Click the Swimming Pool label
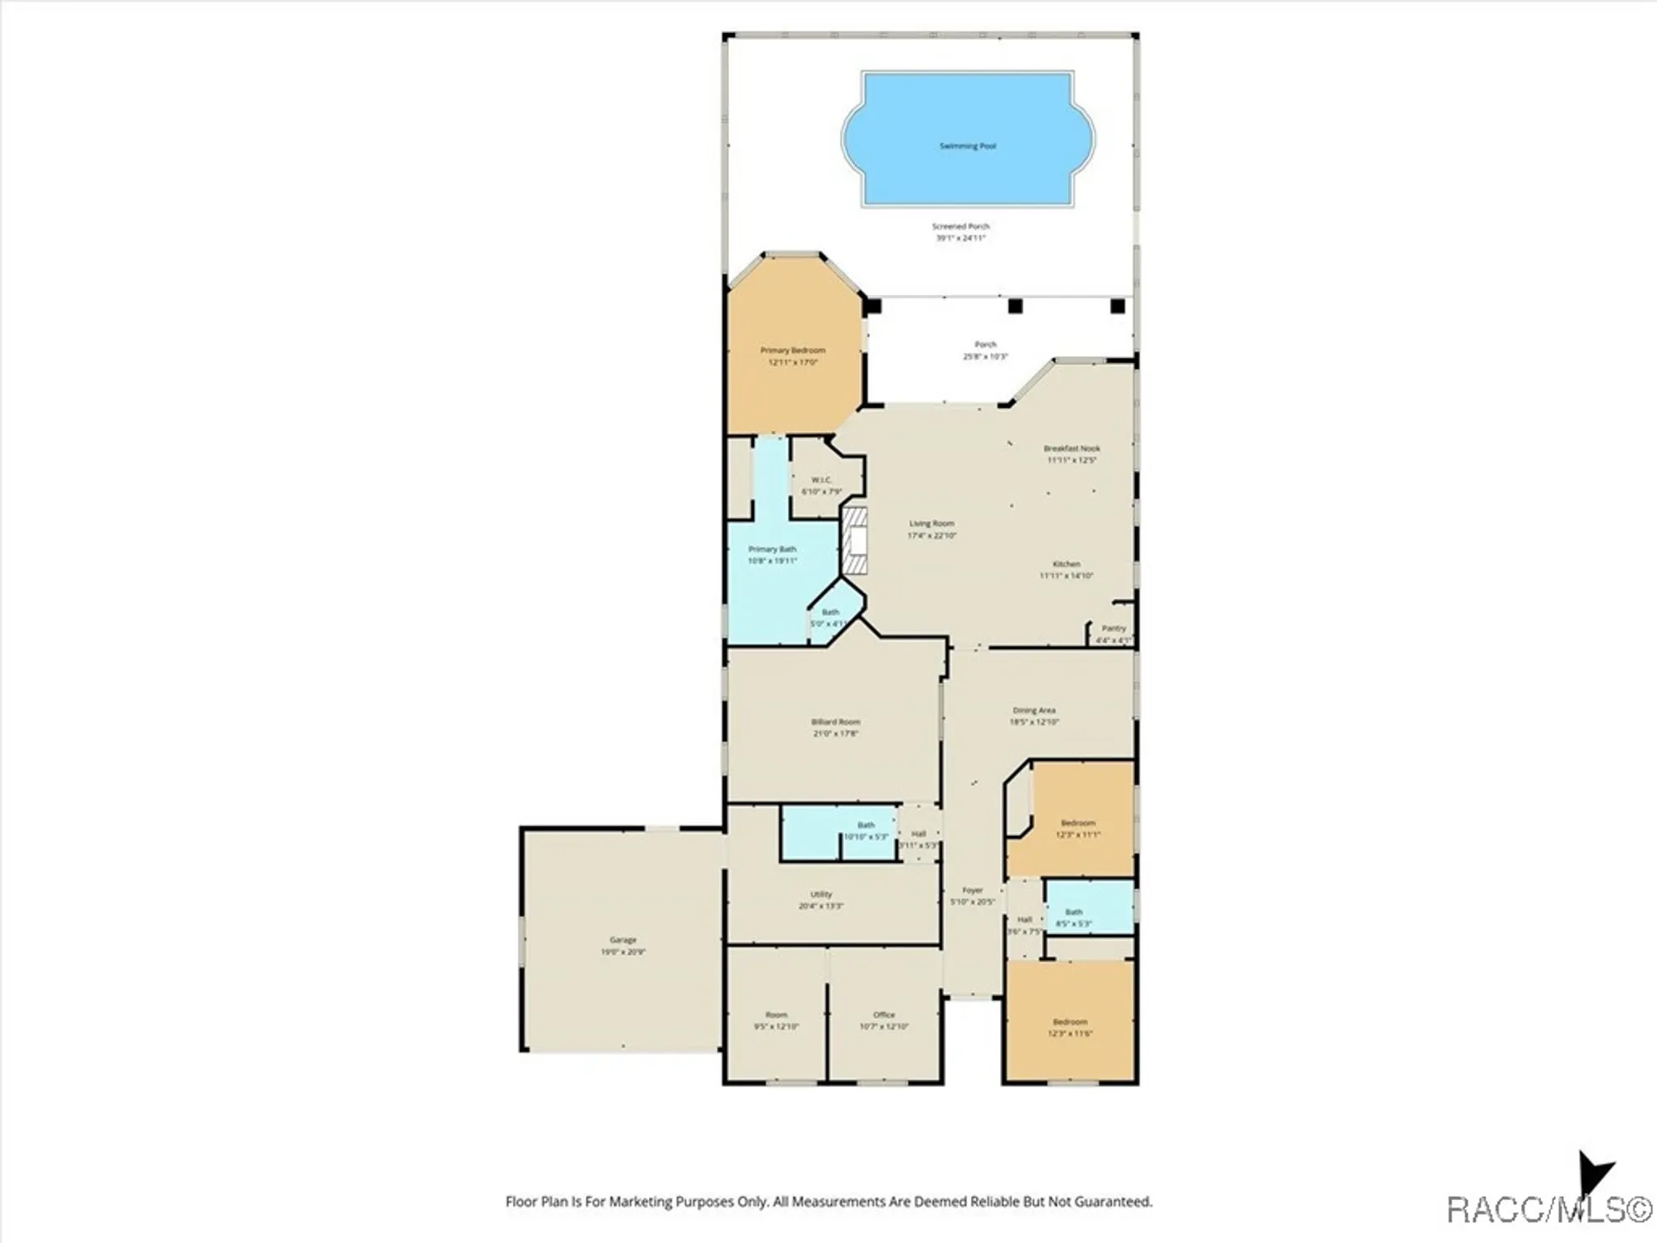tap(968, 146)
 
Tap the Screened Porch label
tap(961, 226)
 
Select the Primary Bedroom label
tap(793, 351)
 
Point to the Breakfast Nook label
tap(1072, 448)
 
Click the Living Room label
tap(932, 524)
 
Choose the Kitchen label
tap(1067, 564)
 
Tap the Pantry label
tap(1114, 628)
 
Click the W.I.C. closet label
tap(821, 480)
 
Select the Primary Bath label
tap(772, 549)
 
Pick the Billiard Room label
tap(835, 722)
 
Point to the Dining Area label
tap(1034, 710)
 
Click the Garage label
tap(623, 940)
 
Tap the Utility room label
tap(821, 894)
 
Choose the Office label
tap(884, 1014)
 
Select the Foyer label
tap(972, 890)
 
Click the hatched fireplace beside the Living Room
tap(855, 541)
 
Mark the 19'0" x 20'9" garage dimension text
tap(623, 952)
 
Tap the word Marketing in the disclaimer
tap(641, 1202)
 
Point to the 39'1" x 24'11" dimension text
tap(961, 238)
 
